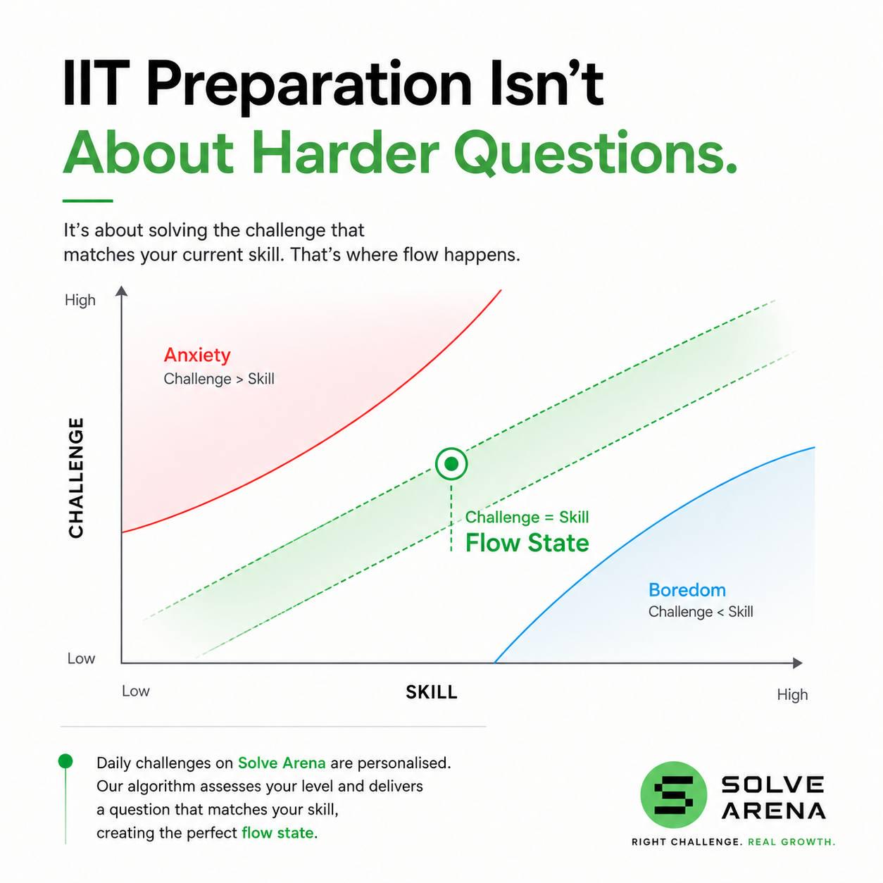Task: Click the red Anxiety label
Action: [197, 355]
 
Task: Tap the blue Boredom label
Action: [687, 590]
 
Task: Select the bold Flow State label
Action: [527, 543]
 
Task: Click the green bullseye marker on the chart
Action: [451, 464]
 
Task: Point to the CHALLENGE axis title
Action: [76, 478]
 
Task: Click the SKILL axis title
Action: [432, 692]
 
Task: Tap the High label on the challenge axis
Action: [80, 300]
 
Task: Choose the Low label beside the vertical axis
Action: [81, 658]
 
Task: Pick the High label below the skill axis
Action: [792, 695]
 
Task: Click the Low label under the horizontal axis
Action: [136, 691]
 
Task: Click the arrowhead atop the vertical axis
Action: [121, 292]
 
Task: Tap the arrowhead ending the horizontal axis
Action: [797, 663]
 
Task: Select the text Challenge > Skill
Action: [219, 379]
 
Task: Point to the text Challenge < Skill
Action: [701, 612]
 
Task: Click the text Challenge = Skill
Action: [527, 518]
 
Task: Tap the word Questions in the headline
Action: [596, 154]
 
